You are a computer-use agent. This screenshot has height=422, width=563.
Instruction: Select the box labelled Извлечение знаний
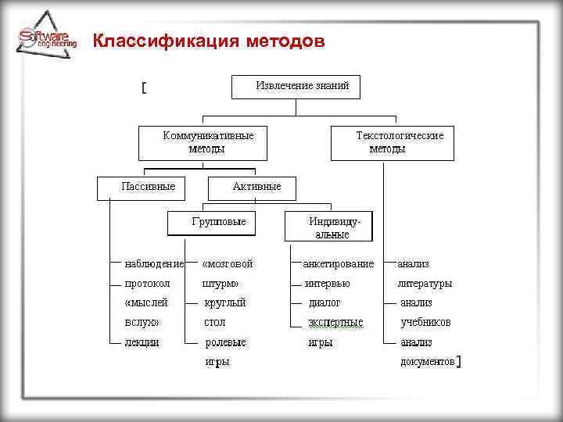coord(296,86)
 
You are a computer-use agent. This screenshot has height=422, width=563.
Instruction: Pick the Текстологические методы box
coord(393,142)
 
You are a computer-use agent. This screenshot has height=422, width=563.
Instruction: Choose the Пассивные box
coord(148,187)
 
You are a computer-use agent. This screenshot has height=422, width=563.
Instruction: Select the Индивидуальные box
coord(329,227)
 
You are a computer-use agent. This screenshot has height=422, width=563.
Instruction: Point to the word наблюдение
coord(154,264)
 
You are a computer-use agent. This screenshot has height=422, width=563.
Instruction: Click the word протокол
coord(147,284)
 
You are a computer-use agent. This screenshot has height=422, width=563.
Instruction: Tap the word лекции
coord(142,342)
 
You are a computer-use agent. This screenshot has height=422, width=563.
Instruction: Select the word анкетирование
coord(339,264)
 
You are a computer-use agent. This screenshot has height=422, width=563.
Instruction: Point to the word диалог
coord(325,302)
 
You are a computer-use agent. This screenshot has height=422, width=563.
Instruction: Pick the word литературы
coord(425,284)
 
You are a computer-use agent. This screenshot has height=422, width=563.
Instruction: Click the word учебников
coord(425,322)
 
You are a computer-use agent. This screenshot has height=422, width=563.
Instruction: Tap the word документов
coord(426,362)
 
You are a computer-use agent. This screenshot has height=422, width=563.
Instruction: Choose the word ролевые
coord(225,342)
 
